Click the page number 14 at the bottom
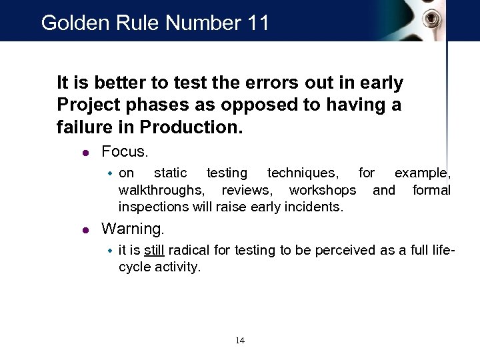tap(240, 341)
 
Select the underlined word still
tap(155, 251)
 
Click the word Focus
tap(125, 151)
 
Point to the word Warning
tap(133, 229)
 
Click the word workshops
tap(323, 191)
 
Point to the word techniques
tap(303, 173)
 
